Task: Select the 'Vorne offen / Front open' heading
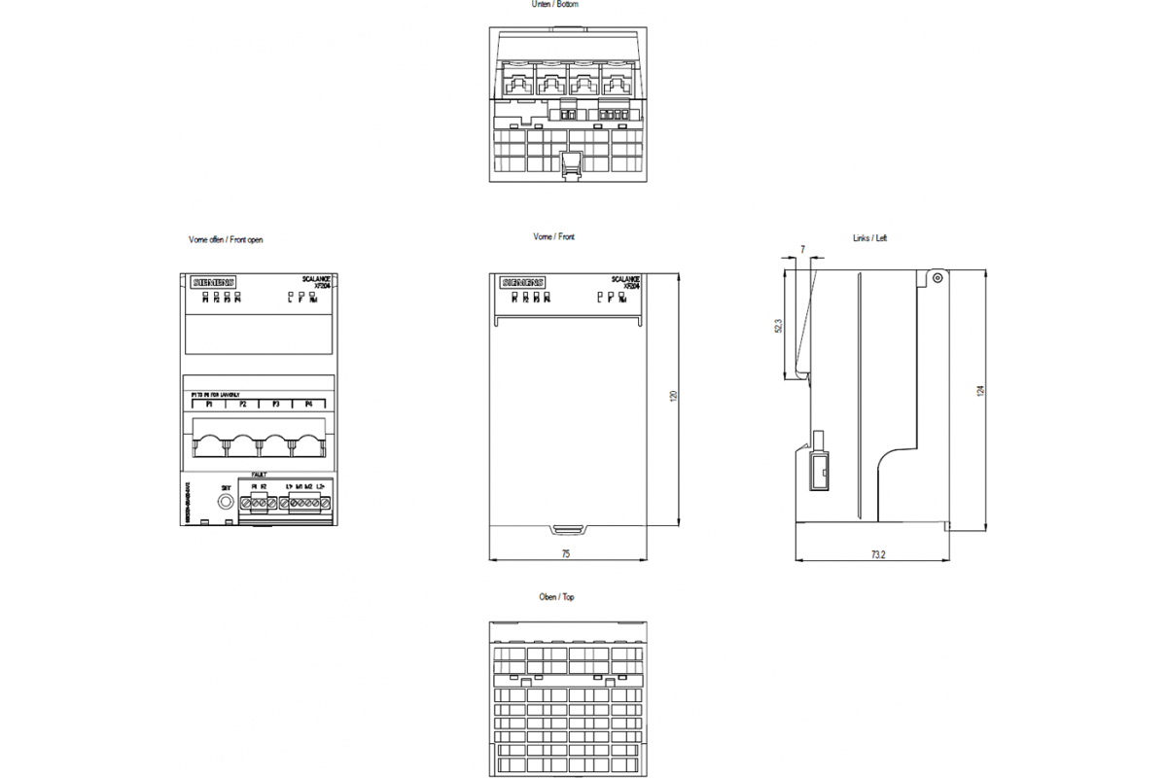[x=226, y=239]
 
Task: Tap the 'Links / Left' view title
[x=868, y=238]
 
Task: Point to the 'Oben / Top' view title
[x=556, y=597]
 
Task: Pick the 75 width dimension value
[x=565, y=553]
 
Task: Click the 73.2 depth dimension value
[x=877, y=554]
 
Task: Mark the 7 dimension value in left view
[x=802, y=250]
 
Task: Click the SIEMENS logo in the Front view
[x=523, y=282]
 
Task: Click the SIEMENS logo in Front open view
[x=212, y=282]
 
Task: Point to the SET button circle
[x=226, y=502]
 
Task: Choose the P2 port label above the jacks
[x=242, y=403]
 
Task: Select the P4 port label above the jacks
[x=308, y=403]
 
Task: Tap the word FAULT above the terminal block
[x=259, y=476]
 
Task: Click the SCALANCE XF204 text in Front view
[x=626, y=283]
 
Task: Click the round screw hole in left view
[x=937, y=278]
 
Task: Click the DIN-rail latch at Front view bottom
[x=566, y=530]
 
